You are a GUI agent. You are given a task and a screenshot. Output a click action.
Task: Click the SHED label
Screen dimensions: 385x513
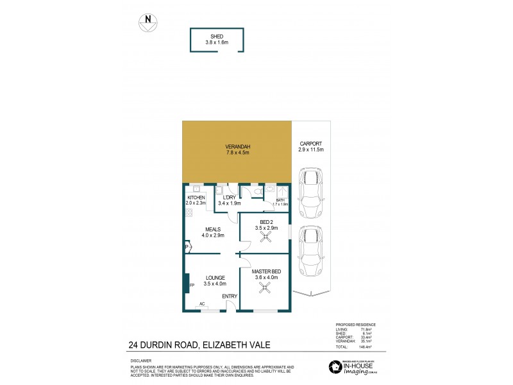216,36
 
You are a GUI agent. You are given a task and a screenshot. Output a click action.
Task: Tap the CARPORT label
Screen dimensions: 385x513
311,144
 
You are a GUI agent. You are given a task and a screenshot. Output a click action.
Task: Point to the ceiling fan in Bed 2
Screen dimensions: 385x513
265,236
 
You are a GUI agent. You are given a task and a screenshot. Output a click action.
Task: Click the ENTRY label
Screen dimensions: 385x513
229,296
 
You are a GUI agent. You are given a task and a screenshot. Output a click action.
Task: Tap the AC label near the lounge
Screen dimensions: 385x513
202,304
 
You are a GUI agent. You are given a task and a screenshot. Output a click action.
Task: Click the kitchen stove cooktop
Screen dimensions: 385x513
189,212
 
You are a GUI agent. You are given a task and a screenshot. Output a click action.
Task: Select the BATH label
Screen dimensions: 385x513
280,200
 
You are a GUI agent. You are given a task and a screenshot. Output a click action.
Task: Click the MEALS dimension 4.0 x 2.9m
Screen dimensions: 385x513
213,234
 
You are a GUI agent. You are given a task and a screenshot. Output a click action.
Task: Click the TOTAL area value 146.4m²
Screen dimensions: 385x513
367,346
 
